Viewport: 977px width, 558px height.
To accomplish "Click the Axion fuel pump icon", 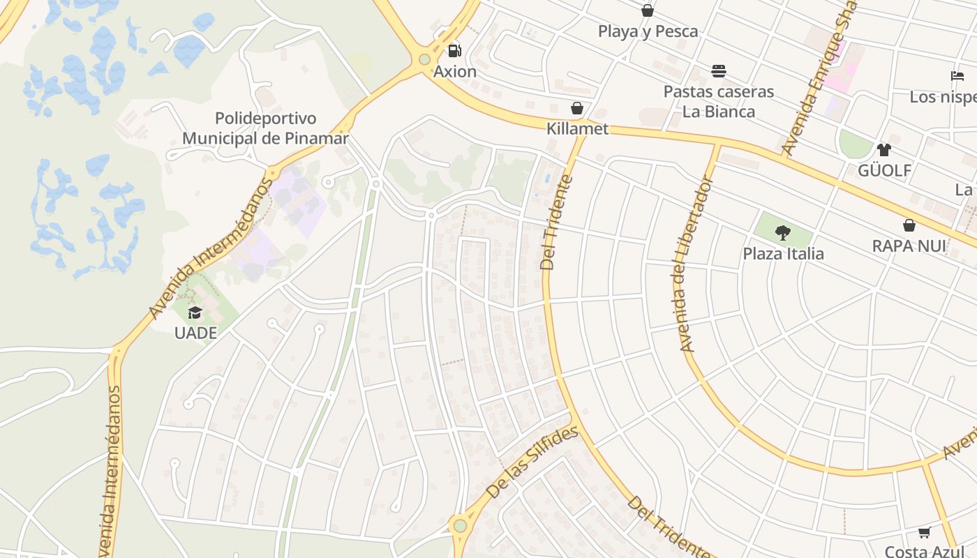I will pyautogui.click(x=454, y=50).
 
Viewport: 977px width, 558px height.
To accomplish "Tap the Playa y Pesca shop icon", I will pyautogui.click(x=648, y=10).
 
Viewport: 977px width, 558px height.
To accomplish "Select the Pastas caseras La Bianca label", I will pyautogui.click(x=718, y=101).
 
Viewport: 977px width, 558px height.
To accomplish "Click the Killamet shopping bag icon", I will pyautogui.click(x=576, y=108).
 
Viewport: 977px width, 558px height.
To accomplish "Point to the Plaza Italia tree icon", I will pyautogui.click(x=783, y=233).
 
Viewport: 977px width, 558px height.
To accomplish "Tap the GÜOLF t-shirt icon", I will pyautogui.click(x=884, y=149).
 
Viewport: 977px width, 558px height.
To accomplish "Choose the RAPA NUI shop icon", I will pyautogui.click(x=909, y=225).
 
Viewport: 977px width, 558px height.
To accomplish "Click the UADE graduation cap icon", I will pyautogui.click(x=195, y=312).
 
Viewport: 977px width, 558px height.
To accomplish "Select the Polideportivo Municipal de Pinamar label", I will pyautogui.click(x=265, y=128).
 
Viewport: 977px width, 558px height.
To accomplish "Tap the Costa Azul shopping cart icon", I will pyautogui.click(x=924, y=533).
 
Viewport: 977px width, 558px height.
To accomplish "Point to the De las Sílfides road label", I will pyautogui.click(x=532, y=462).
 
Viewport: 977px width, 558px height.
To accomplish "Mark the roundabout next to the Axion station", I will pyautogui.click(x=424, y=59).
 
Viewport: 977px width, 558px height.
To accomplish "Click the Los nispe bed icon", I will pyautogui.click(x=957, y=76).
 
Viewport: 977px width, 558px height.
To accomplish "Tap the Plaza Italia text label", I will pyautogui.click(x=783, y=254).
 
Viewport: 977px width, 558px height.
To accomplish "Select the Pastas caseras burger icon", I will pyautogui.click(x=719, y=70).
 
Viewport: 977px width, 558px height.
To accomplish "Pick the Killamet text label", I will pyautogui.click(x=577, y=129).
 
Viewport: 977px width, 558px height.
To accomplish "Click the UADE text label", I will pyautogui.click(x=195, y=333).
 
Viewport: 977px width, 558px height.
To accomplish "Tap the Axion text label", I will pyautogui.click(x=455, y=72).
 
